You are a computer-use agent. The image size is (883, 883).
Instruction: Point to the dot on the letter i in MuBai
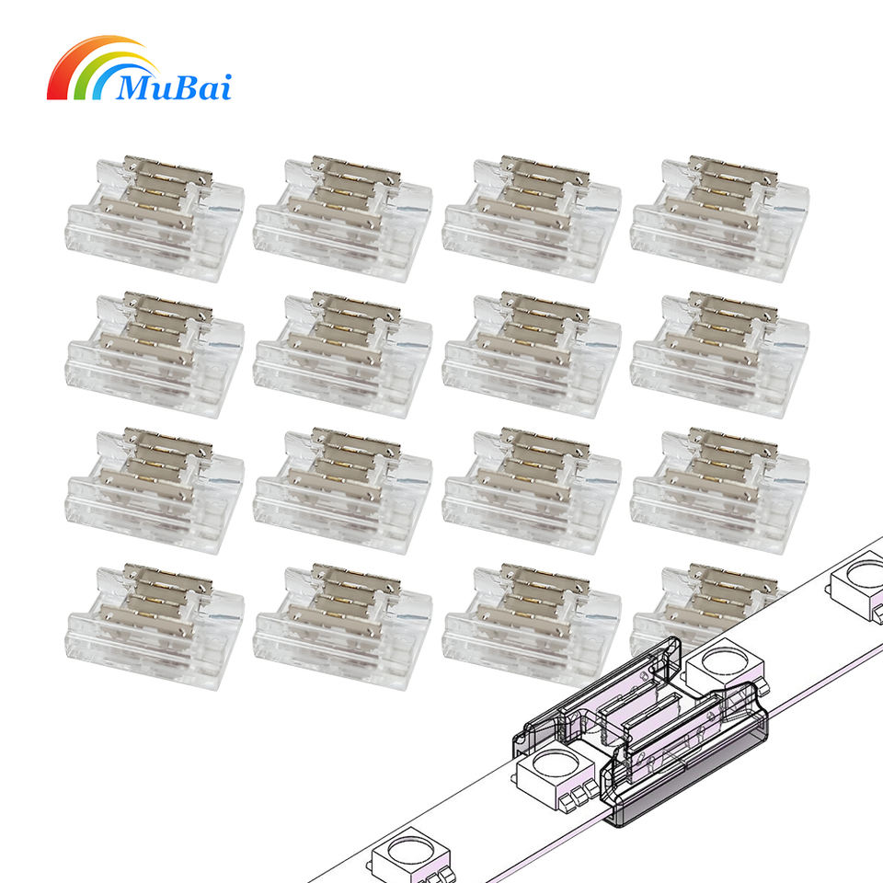click(227, 77)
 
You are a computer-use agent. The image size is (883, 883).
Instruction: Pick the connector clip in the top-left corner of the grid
click(155, 218)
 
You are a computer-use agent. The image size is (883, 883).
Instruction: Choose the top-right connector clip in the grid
click(720, 218)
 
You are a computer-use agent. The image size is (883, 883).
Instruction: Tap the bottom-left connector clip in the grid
click(155, 626)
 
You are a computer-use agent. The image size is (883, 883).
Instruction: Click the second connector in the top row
click(343, 218)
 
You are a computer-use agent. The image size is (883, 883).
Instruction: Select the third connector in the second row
click(532, 354)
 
